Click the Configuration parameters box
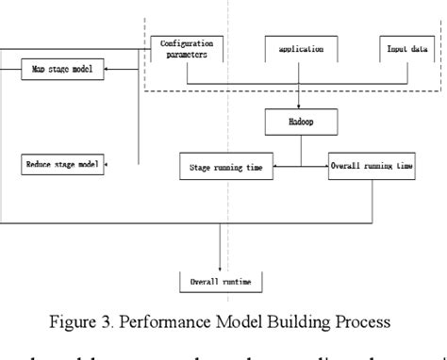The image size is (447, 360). [187, 48]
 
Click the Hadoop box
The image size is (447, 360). [299, 123]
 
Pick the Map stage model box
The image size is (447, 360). [63, 69]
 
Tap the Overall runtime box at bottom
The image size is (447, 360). [221, 281]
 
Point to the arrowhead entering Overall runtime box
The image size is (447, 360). [221, 268]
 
